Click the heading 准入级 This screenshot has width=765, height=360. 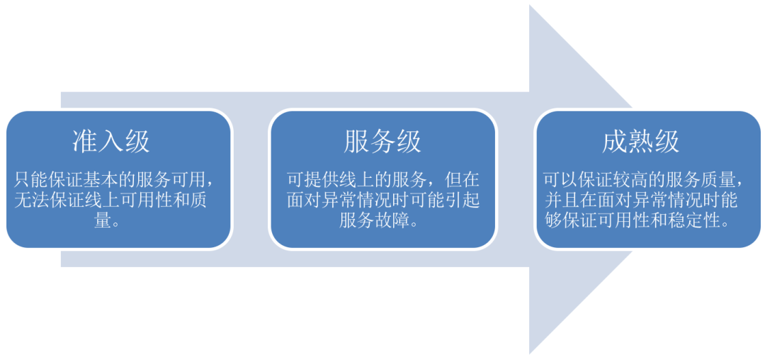(111, 142)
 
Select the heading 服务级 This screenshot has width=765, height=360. (382, 142)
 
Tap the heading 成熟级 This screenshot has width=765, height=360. (641, 142)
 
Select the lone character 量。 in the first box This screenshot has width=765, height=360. (107, 220)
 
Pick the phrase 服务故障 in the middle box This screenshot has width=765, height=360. (374, 220)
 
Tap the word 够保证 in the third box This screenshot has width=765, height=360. (568, 220)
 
